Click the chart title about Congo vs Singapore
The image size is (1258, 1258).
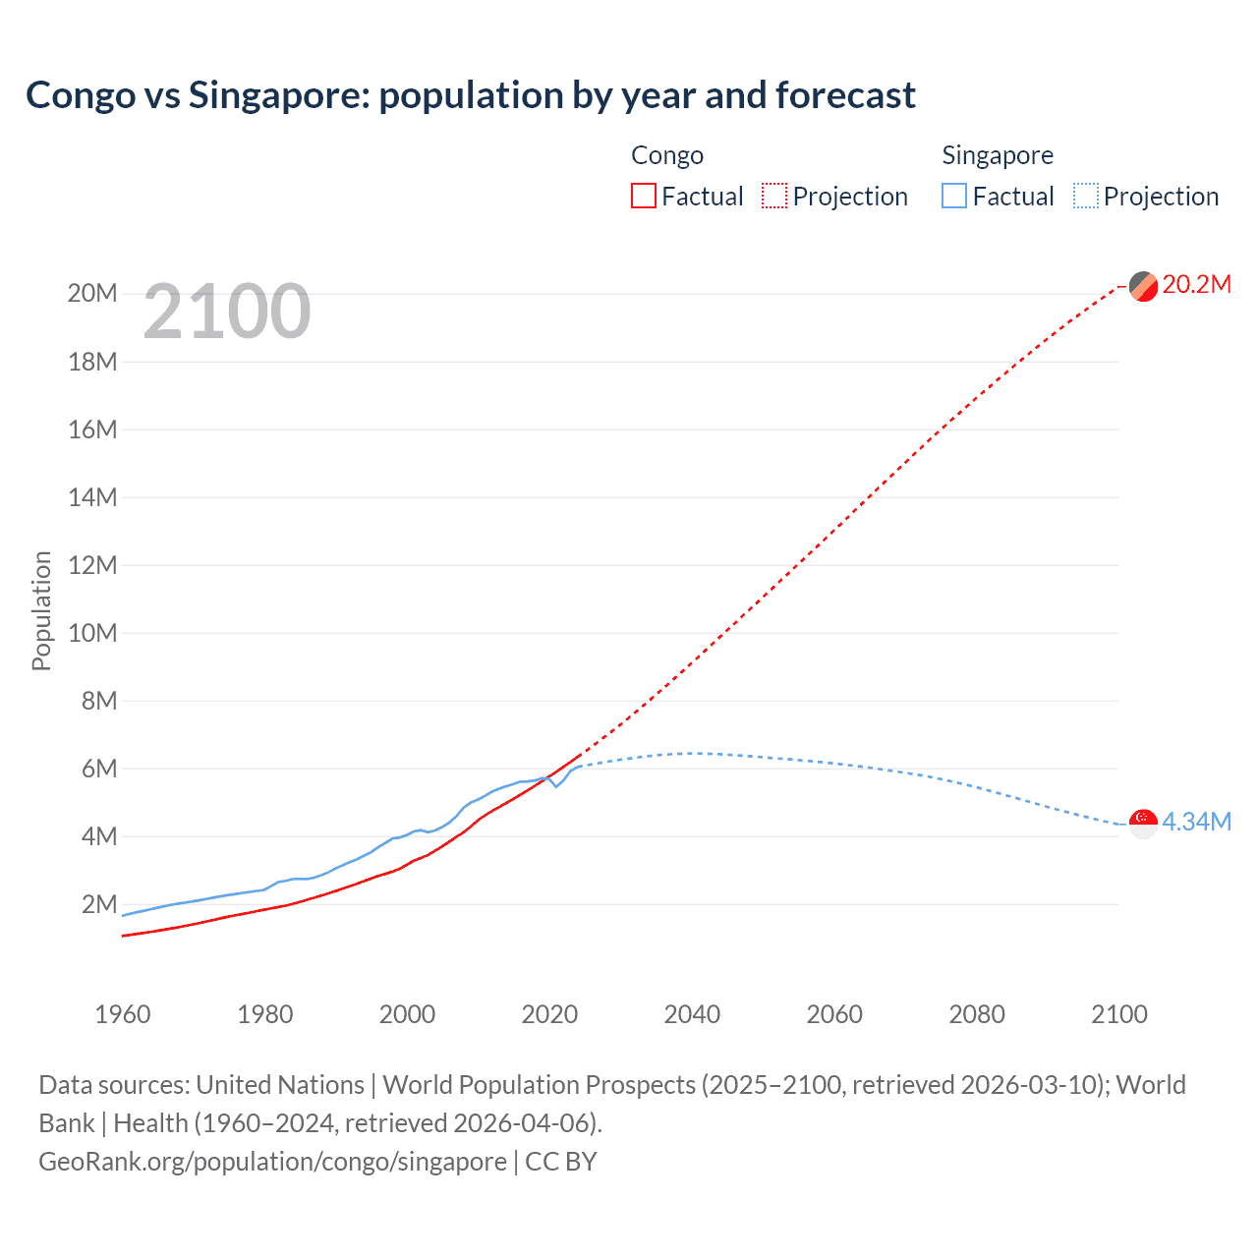(470, 95)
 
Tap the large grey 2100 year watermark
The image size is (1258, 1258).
(227, 312)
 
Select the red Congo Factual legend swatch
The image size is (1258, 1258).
(643, 196)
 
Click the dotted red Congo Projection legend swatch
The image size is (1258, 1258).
(774, 196)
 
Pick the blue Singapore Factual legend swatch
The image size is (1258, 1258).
(953, 196)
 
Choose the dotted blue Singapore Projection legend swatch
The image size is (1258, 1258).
(1085, 196)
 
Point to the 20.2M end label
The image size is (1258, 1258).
(1196, 285)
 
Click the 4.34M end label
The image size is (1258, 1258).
(1196, 822)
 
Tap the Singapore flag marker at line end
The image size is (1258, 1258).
(1143, 823)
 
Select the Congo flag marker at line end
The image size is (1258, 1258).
(1143, 286)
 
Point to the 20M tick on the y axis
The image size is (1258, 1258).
(92, 294)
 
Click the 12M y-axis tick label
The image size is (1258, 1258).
(92, 565)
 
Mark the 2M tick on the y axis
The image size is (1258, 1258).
(98, 904)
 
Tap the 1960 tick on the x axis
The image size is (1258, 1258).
(123, 1014)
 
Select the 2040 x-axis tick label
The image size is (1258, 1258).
(692, 1014)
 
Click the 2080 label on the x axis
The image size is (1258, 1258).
(977, 1014)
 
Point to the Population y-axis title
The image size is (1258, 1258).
(41, 610)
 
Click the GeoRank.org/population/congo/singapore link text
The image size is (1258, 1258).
(272, 1162)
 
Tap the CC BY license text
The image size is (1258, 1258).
(561, 1162)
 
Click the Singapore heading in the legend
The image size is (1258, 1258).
(997, 155)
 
